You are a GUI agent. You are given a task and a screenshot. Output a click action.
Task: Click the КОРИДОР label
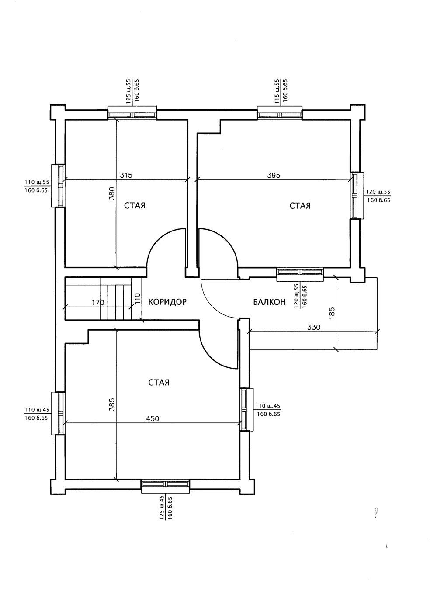click(x=167, y=301)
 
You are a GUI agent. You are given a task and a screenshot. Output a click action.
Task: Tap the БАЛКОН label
click(x=269, y=301)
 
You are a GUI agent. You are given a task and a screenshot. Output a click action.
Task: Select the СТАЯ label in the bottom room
click(x=159, y=383)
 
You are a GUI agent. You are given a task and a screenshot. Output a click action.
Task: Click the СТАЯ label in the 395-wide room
click(x=300, y=206)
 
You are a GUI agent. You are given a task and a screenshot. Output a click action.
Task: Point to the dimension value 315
click(x=126, y=175)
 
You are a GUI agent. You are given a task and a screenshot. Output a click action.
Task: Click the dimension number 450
click(x=152, y=418)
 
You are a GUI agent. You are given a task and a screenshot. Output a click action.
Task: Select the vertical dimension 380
click(x=111, y=193)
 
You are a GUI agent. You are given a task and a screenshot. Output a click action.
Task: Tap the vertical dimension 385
click(x=111, y=405)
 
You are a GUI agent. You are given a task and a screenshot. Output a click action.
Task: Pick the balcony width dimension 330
click(x=314, y=327)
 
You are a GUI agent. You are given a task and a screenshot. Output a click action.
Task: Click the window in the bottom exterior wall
click(x=165, y=484)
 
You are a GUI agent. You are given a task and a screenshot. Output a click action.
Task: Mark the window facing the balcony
click(x=300, y=272)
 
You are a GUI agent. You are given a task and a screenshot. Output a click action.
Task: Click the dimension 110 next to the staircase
click(x=137, y=298)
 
